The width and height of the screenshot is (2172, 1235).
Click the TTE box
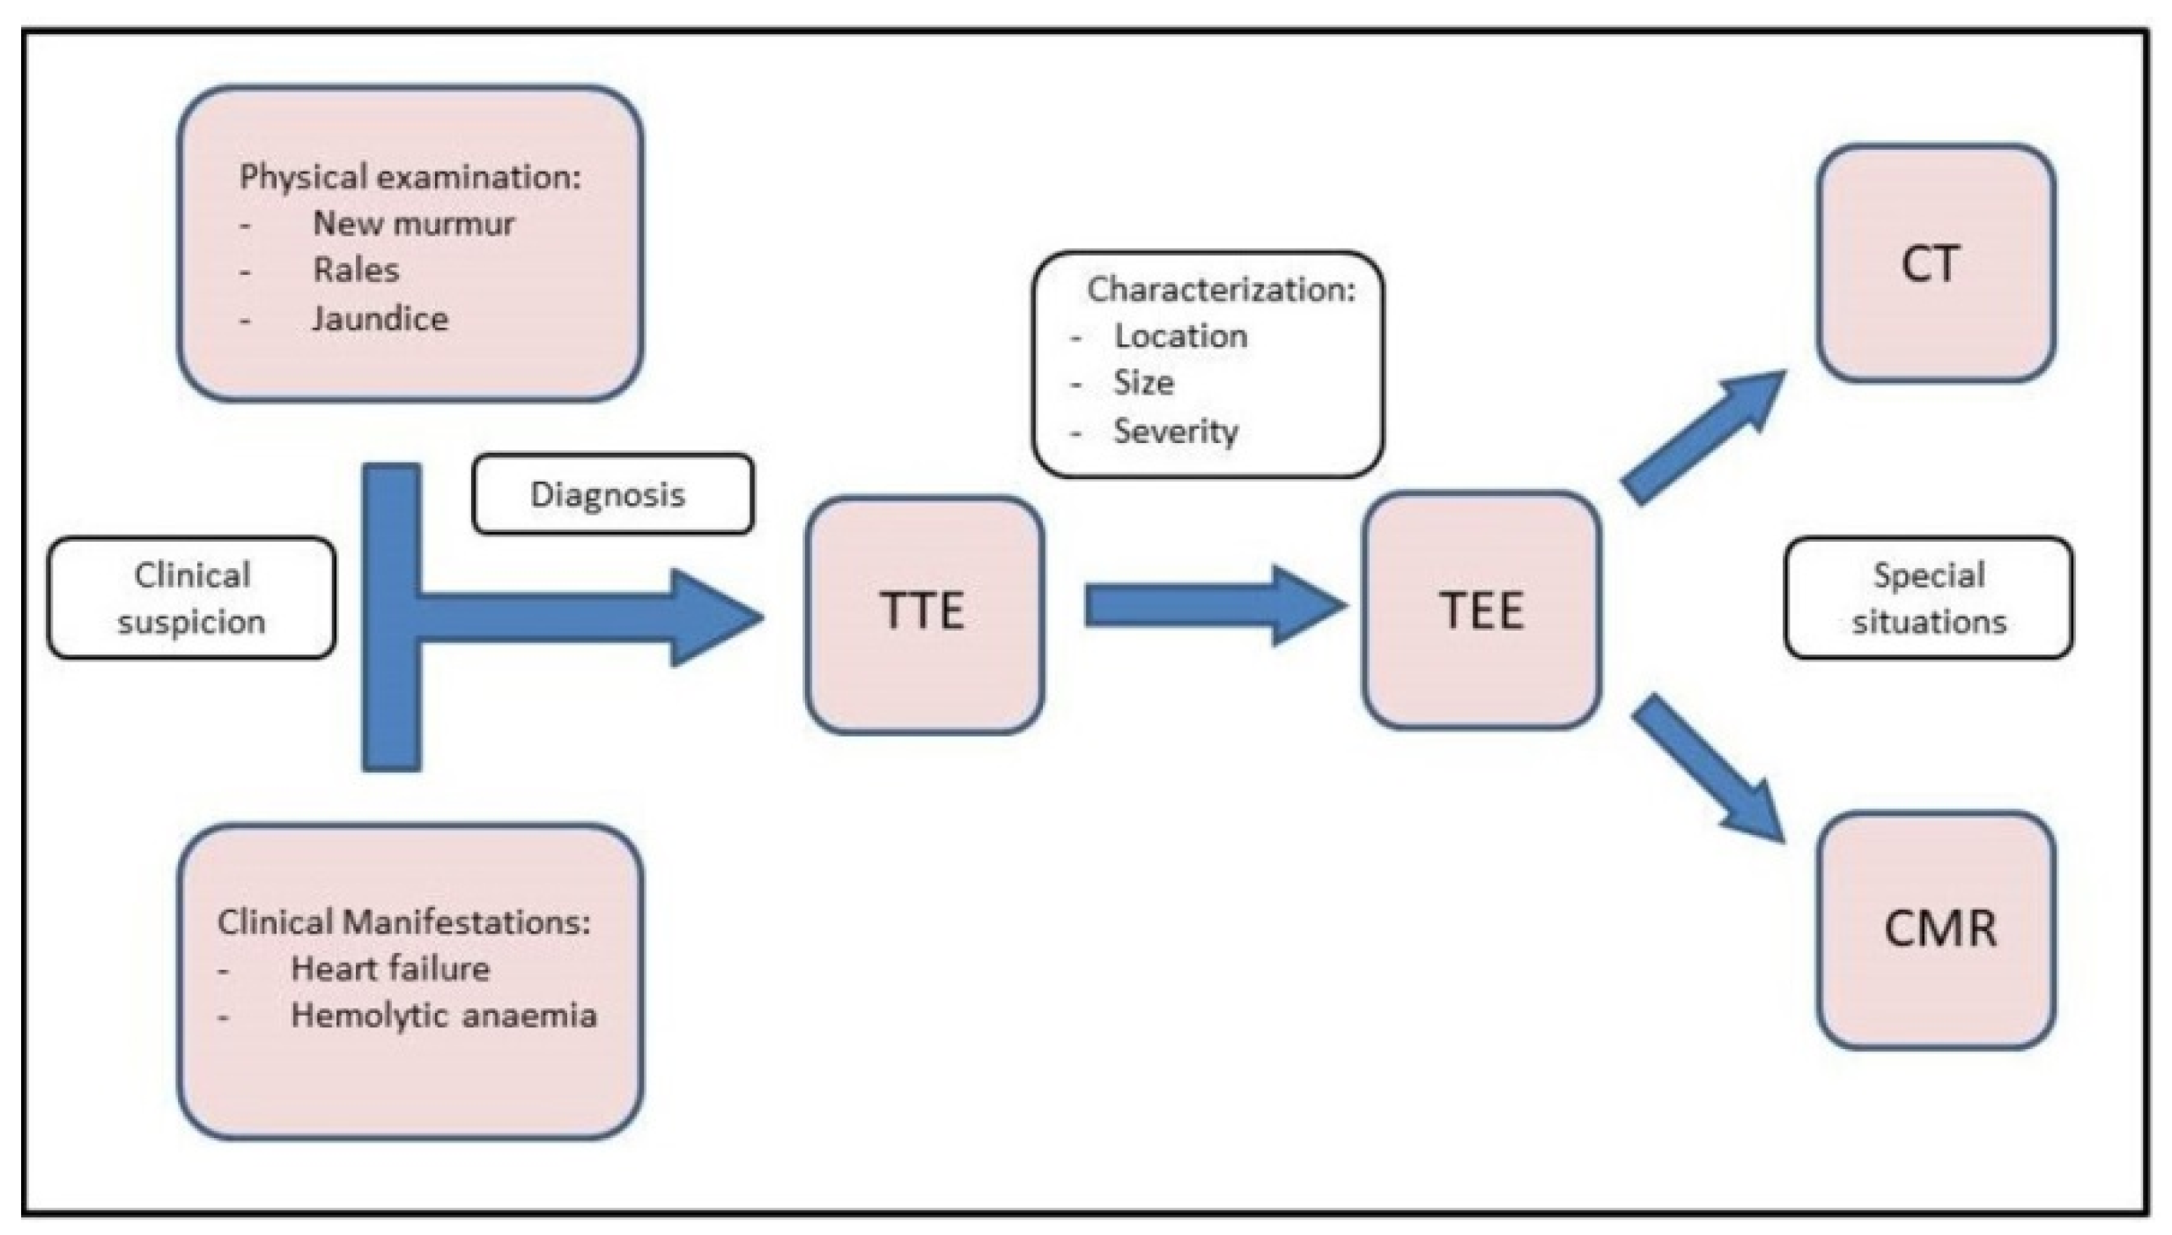tap(923, 614)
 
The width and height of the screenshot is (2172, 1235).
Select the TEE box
tap(1481, 610)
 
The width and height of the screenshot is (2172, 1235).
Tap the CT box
tap(1935, 263)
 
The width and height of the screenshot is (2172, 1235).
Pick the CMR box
tap(1935, 929)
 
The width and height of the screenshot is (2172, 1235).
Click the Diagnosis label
tap(611, 494)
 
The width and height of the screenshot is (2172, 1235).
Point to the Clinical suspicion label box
tap(191, 598)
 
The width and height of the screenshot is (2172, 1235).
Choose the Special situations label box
tap(1928, 598)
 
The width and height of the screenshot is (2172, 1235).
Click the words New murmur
tap(413, 224)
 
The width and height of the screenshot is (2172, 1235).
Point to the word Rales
tap(356, 270)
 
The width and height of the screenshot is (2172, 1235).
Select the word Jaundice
tap(380, 318)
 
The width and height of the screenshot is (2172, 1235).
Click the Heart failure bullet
tap(389, 969)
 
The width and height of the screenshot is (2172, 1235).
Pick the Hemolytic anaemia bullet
tap(443, 1016)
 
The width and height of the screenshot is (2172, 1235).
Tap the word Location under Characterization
tap(1180, 336)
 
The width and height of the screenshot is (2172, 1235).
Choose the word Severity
tap(1175, 431)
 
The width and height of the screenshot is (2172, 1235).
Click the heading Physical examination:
tap(410, 177)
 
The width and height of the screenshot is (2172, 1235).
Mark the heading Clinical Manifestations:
tap(403, 922)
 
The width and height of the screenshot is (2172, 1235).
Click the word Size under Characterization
tap(1143, 382)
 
